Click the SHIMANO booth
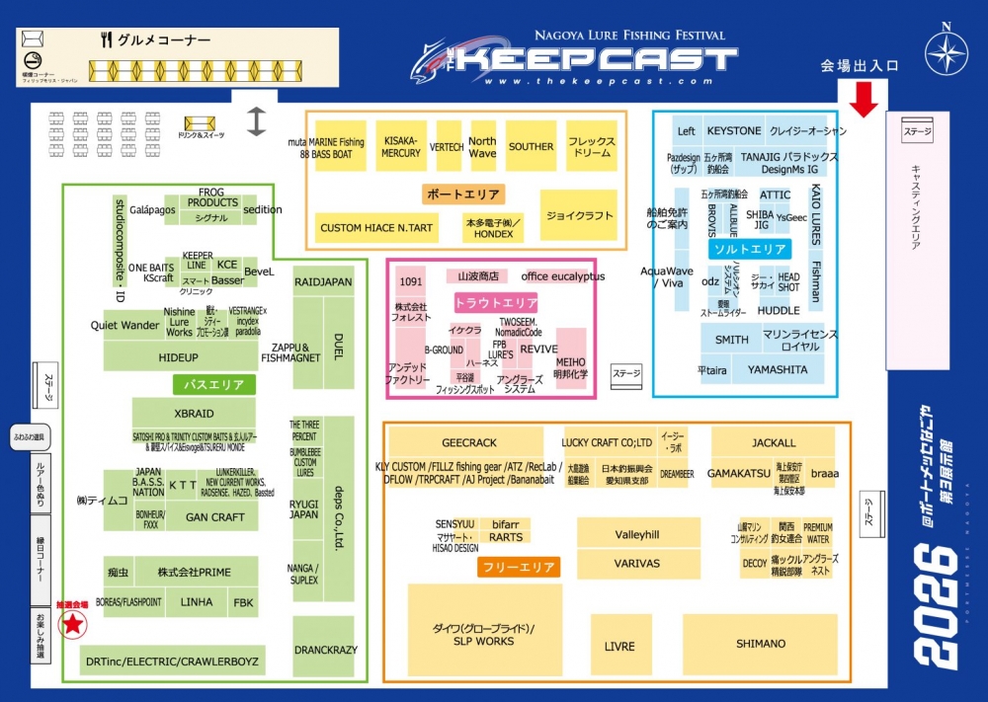point(760,644)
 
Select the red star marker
point(72,623)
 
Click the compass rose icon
point(946,52)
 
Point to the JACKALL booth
point(772,443)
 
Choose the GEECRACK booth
point(468,443)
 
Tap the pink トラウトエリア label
point(496,303)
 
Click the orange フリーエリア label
point(519,567)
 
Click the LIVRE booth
point(620,646)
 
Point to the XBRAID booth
point(194,414)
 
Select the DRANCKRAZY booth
point(323,650)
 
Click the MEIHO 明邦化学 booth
point(570,367)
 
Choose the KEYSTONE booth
point(734,131)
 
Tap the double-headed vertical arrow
point(257,120)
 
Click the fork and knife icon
point(106,40)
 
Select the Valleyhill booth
point(637,534)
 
